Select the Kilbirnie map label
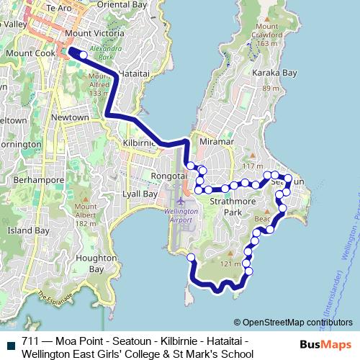pos(138,143)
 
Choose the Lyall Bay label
pos(140,194)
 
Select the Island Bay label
pos(28,231)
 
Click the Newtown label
pos(71,117)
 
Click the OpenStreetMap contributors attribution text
pos(293,323)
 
